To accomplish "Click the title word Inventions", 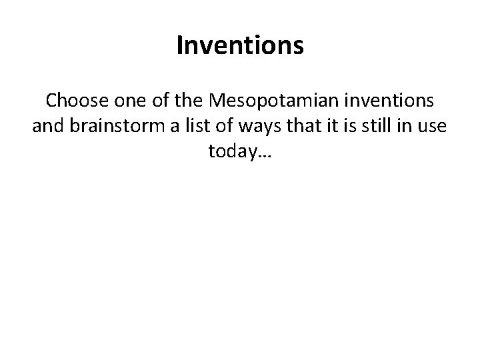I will click(x=240, y=46).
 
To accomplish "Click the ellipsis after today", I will click(x=263, y=155).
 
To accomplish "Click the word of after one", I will click(x=150, y=101).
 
